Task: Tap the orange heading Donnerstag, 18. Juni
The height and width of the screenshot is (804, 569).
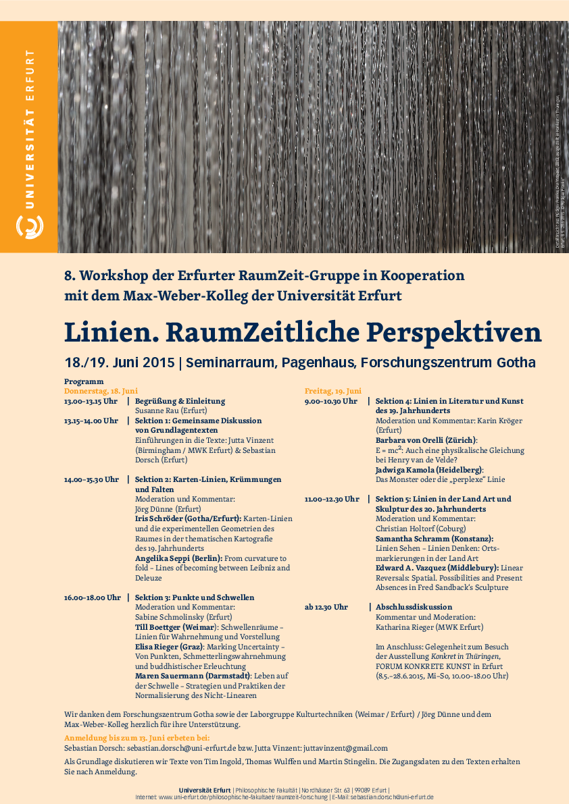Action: pyautogui.click(x=101, y=391)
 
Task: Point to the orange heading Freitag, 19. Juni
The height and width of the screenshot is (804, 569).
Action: pyautogui.click(x=333, y=391)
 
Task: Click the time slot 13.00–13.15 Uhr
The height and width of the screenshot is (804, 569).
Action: pyautogui.click(x=91, y=400)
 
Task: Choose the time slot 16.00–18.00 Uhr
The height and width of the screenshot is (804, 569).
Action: pyautogui.click(x=93, y=597)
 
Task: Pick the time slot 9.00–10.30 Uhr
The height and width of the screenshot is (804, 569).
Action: pyautogui.click(x=331, y=401)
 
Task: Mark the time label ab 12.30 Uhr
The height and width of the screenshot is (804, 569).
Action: pyautogui.click(x=326, y=607)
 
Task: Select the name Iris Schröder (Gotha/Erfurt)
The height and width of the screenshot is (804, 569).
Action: pyautogui.click(x=188, y=518)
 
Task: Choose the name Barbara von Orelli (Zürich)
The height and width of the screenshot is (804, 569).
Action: pyautogui.click(x=426, y=440)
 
